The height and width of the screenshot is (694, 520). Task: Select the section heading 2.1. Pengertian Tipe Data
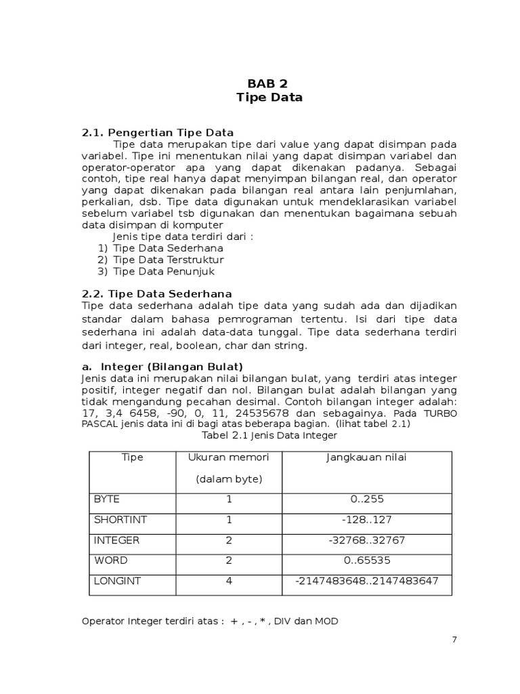click(157, 132)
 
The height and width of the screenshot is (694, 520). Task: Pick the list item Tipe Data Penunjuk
click(164, 271)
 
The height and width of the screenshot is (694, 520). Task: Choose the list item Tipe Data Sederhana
click(168, 247)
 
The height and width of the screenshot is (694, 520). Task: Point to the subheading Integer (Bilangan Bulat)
click(171, 367)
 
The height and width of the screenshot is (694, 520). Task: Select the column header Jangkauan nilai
click(366, 457)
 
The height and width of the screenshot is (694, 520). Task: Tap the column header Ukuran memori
click(229, 457)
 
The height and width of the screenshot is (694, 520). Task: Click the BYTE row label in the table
click(106, 499)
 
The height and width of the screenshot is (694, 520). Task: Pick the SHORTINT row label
click(120, 520)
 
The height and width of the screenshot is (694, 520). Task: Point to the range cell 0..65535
click(366, 561)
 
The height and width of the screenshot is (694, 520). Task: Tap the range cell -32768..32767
click(366, 541)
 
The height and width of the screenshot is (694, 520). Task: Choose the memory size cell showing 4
click(229, 581)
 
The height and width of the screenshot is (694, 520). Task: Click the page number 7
click(454, 640)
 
